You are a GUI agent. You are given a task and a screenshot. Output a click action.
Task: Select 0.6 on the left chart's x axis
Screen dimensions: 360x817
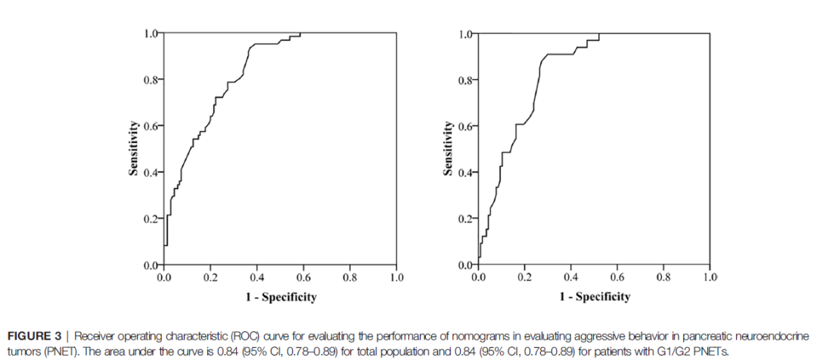(303, 278)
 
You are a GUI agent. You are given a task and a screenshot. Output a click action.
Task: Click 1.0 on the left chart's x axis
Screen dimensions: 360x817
(396, 278)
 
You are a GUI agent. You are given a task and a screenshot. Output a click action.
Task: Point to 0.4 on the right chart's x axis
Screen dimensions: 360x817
(571, 278)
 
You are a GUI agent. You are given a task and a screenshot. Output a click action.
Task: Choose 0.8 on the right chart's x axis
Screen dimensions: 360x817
(663, 278)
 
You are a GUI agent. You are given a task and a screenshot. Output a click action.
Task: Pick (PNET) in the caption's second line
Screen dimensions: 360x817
(51, 349)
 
